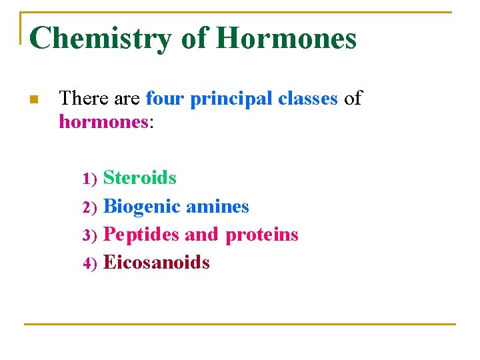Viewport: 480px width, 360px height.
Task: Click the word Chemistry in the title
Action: [101, 38]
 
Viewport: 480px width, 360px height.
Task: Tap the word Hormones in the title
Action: [286, 38]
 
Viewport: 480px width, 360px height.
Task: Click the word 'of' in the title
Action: [194, 38]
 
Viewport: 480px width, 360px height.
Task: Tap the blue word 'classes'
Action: [307, 99]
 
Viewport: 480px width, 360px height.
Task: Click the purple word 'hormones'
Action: [103, 121]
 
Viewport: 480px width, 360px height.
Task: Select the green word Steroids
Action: [140, 178]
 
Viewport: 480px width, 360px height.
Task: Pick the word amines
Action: [217, 207]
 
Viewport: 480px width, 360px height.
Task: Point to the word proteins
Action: [262, 235]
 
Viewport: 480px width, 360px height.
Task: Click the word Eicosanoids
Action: [157, 263]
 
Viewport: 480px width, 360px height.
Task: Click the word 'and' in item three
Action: [201, 235]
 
